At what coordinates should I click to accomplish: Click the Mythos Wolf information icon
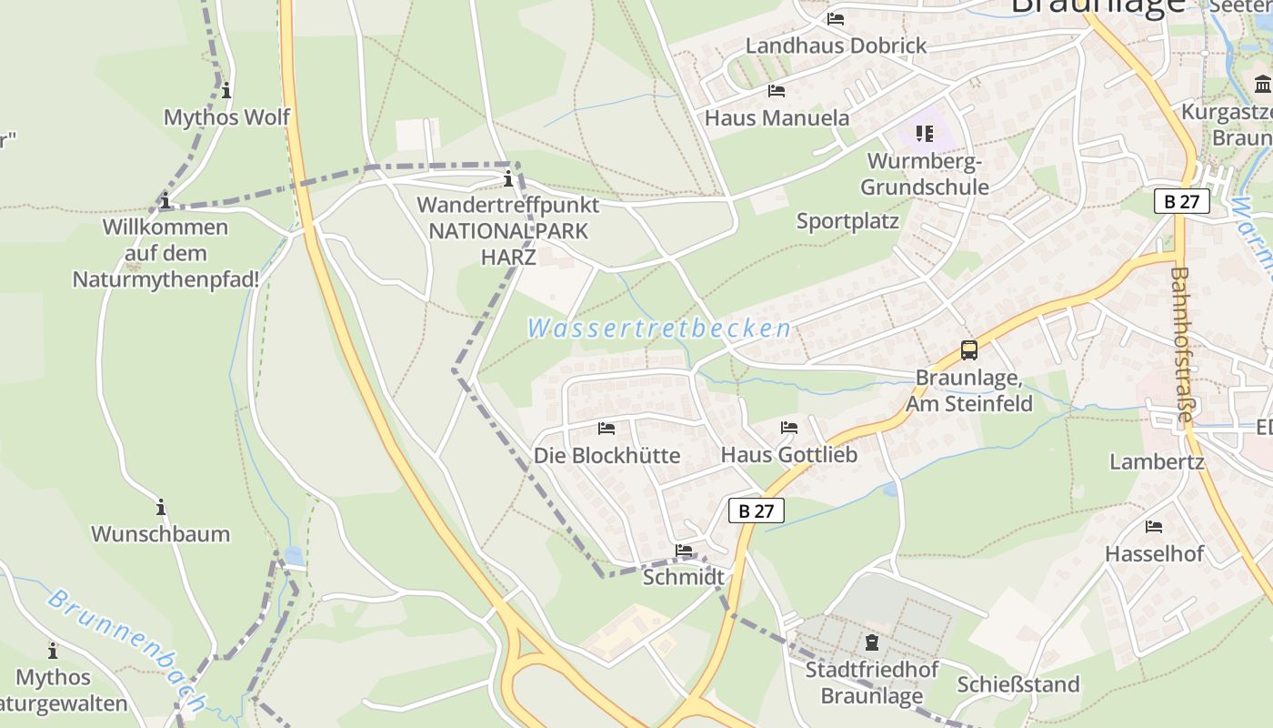(x=226, y=90)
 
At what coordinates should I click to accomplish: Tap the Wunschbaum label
(x=160, y=533)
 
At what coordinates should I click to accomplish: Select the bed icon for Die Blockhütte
(x=606, y=428)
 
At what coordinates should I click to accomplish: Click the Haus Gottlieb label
(x=788, y=454)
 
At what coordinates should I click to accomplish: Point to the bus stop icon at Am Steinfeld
(x=969, y=350)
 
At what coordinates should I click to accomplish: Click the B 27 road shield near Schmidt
(x=756, y=511)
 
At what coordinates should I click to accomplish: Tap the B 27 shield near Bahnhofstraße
(x=1182, y=201)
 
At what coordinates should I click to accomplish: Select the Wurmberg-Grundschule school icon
(x=925, y=135)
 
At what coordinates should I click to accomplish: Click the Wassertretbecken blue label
(x=659, y=329)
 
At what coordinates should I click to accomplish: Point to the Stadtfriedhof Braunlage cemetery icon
(x=872, y=642)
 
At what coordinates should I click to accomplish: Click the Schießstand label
(x=1018, y=684)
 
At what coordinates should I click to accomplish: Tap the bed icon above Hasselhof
(x=1154, y=526)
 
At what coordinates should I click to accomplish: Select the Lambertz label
(x=1157, y=461)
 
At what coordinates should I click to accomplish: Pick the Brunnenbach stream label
(x=126, y=651)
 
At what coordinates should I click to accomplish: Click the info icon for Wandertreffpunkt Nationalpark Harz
(x=508, y=178)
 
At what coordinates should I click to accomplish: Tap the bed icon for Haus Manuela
(x=777, y=90)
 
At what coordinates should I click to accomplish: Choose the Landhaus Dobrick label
(x=836, y=45)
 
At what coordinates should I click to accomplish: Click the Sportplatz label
(x=847, y=221)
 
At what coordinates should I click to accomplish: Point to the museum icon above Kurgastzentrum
(x=1262, y=86)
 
